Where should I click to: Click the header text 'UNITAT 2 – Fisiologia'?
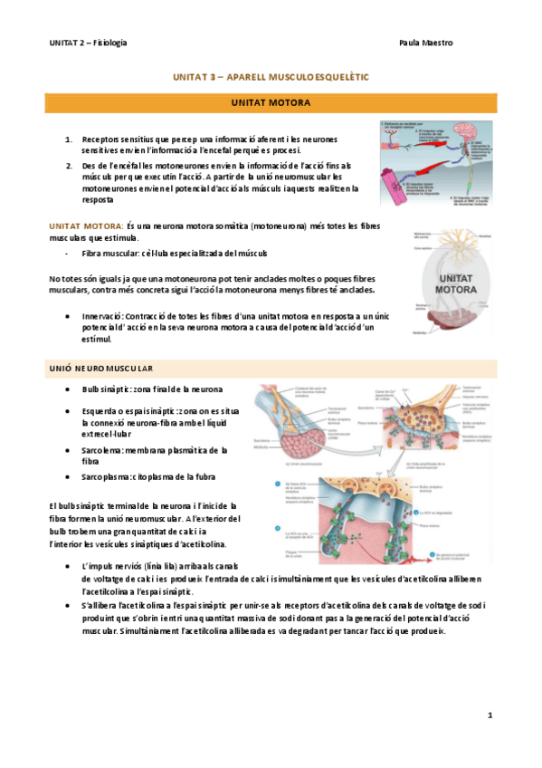point(88,43)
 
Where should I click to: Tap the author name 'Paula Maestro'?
point(425,43)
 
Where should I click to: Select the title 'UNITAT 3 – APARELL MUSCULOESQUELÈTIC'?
point(270,79)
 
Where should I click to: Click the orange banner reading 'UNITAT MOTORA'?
point(271,103)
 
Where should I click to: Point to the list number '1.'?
point(70,139)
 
